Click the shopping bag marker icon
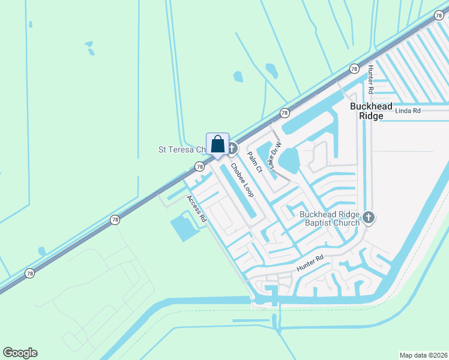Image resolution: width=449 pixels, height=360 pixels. coord(217,145)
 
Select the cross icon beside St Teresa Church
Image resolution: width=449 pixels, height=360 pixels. coord(232,148)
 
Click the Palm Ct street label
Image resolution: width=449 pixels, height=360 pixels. coord(255,160)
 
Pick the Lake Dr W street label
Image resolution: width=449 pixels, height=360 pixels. coord(274,155)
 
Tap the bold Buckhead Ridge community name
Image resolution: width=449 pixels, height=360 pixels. coord(372,111)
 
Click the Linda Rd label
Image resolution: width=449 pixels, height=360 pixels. coord(408,111)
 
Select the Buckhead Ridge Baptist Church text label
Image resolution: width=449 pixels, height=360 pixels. coord(330,218)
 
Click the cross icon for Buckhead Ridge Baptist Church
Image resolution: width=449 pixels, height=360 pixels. coord(369,217)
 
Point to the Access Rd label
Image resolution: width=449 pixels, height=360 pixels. coord(197,209)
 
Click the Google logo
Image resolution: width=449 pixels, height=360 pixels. coord(20,352)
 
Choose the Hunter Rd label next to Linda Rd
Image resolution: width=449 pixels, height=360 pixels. coord(371,79)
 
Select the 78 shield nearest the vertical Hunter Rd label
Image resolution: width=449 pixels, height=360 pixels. coord(354,68)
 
